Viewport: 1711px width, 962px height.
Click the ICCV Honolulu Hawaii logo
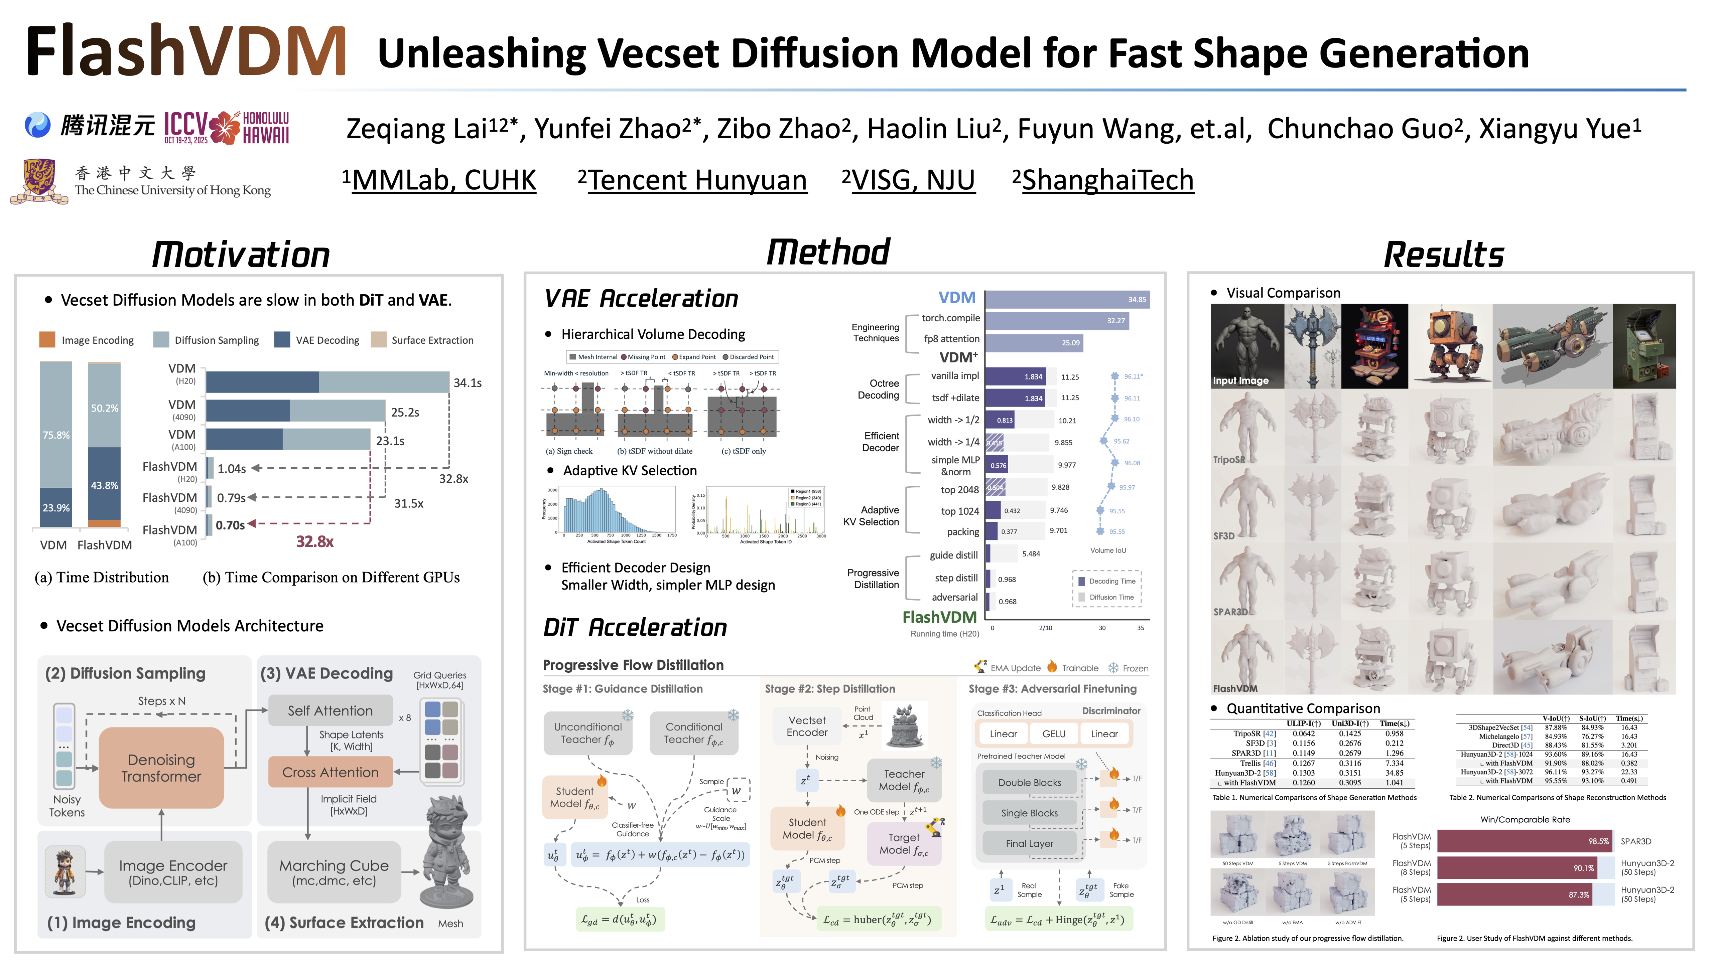tap(227, 128)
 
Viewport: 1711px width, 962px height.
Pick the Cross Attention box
tap(330, 772)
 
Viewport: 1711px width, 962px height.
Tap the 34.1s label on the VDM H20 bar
tap(467, 383)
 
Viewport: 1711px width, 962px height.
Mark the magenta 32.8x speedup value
tap(314, 542)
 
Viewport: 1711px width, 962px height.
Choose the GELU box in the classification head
tap(1053, 734)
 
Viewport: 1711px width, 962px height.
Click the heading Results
tap(1443, 255)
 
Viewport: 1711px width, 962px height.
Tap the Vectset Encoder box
tap(807, 726)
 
